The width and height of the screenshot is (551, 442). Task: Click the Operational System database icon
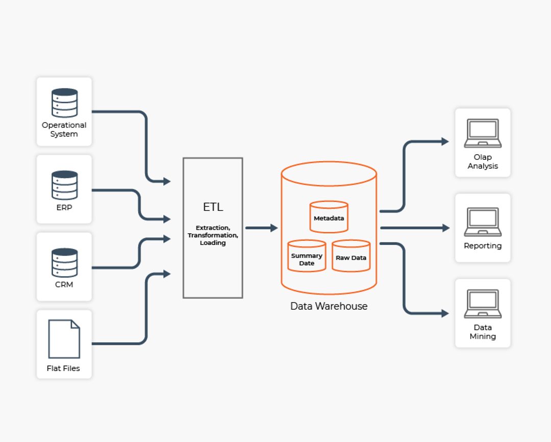(x=64, y=103)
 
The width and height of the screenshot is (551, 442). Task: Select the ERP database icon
(x=64, y=185)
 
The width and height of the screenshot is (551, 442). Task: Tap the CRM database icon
(x=64, y=262)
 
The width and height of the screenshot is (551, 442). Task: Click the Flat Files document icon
(x=64, y=339)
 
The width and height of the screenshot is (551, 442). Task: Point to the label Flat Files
(x=64, y=369)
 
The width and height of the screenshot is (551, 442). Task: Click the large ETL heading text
(x=213, y=207)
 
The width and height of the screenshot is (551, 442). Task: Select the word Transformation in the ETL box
(x=213, y=235)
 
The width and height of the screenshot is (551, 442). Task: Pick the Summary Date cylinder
(x=307, y=256)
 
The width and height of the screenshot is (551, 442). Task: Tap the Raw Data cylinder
(x=351, y=256)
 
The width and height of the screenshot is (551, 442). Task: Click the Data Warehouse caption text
(x=329, y=306)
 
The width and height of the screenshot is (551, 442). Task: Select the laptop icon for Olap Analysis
(x=483, y=134)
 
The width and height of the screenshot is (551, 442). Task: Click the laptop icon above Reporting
(x=483, y=222)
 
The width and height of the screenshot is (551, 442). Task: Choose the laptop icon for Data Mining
(x=483, y=304)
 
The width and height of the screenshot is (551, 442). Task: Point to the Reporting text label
(x=483, y=246)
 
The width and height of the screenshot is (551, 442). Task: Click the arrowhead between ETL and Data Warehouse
(x=274, y=228)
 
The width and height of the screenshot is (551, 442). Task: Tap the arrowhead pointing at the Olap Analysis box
(x=445, y=141)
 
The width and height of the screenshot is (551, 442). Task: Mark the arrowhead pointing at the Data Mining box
(x=445, y=313)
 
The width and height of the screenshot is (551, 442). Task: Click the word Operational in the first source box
(x=64, y=125)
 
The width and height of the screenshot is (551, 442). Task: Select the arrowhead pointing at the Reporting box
(x=446, y=228)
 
